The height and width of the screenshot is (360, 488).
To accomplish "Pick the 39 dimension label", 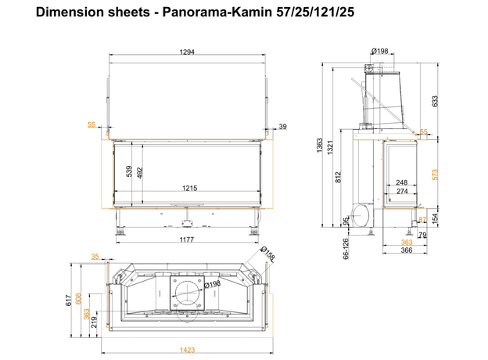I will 283,126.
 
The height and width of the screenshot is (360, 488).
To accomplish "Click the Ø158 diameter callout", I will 267,257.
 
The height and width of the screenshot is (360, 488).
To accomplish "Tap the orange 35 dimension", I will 95,256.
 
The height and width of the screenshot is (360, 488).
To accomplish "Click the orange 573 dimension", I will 435,172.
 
